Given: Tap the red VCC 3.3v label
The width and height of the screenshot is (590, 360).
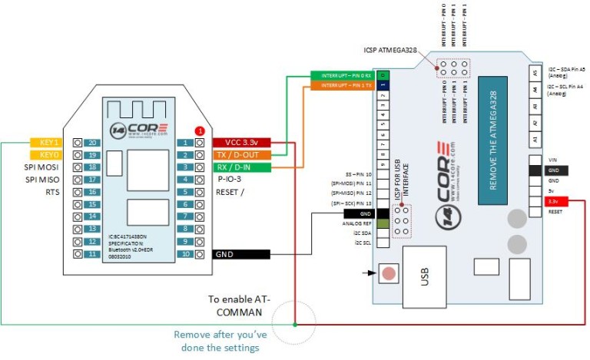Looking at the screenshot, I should pyautogui.click(x=242, y=143).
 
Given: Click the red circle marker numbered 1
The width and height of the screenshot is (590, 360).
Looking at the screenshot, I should pyautogui.click(x=200, y=131).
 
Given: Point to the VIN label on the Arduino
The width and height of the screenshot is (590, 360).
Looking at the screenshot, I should pyautogui.click(x=553, y=160).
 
